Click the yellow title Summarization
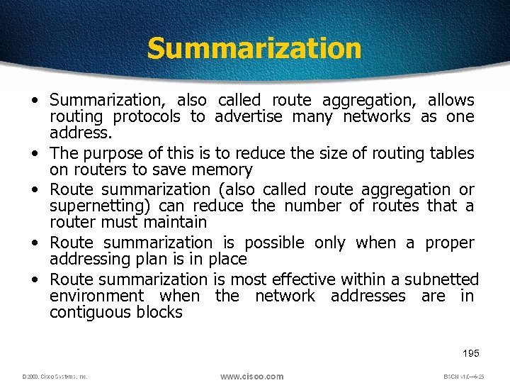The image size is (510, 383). point(254,48)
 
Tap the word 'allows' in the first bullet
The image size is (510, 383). point(450,101)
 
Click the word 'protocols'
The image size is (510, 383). point(147,117)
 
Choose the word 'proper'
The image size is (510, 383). point(450,243)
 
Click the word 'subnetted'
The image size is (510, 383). point(442,279)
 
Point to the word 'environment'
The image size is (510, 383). point(96,296)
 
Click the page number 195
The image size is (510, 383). point(470,353)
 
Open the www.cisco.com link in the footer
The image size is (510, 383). point(251,376)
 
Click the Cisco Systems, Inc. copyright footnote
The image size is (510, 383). point(55,377)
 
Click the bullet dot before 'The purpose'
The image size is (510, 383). point(34,152)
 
